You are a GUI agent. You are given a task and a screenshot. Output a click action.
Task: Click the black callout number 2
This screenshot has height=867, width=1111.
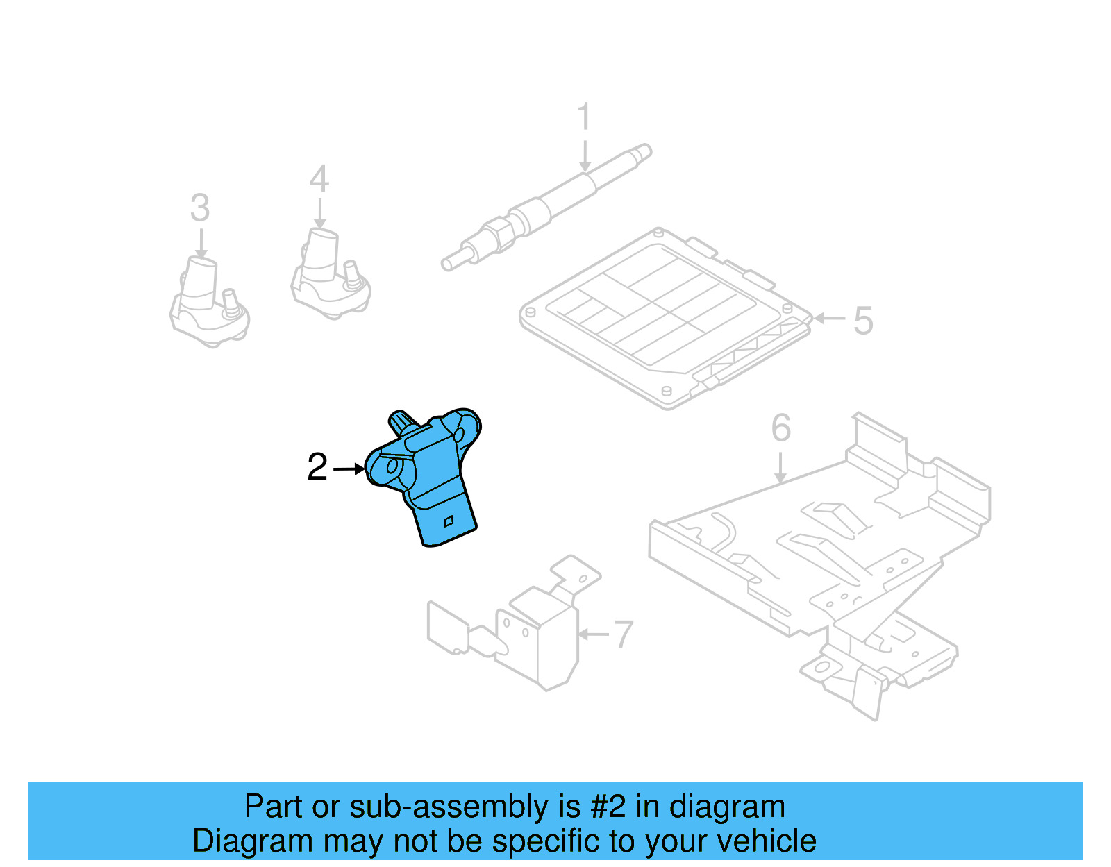point(317,467)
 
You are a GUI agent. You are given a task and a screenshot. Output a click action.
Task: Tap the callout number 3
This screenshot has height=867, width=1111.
point(200,208)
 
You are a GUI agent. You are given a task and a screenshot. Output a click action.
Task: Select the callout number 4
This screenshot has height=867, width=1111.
point(319,178)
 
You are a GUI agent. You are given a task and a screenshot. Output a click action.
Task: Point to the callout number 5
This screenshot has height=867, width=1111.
point(863,321)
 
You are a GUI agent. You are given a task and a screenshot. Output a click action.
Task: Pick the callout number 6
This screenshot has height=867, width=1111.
point(781,428)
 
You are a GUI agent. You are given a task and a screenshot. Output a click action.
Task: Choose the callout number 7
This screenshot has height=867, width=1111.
point(623,634)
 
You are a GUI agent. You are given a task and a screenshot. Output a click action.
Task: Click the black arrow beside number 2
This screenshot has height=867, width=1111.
point(349,469)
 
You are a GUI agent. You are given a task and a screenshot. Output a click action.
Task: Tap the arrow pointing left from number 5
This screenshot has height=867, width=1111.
point(829,319)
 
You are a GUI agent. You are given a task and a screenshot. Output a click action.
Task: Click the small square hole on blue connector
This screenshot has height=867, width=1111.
point(449,521)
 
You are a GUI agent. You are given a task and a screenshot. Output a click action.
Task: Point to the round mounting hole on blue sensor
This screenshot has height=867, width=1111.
point(393,467)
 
